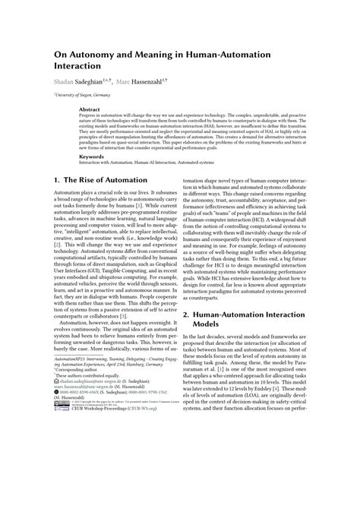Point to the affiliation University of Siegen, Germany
(83, 95)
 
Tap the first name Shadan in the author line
(67, 79)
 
